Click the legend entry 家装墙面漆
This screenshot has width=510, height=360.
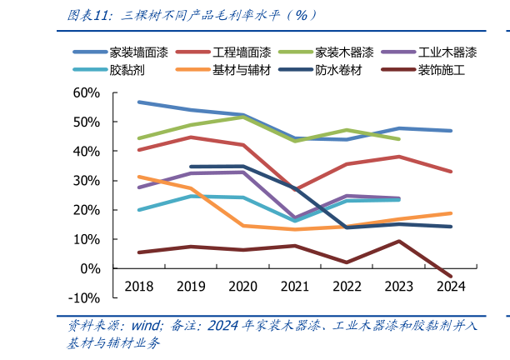tap(138, 52)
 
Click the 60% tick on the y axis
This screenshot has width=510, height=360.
tap(87, 92)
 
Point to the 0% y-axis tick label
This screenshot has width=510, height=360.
tap(90, 268)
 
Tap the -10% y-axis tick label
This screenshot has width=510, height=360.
tap(84, 297)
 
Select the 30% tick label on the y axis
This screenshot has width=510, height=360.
tap(87, 180)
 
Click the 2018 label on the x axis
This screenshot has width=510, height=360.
tap(139, 286)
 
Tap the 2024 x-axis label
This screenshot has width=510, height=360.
tap(451, 286)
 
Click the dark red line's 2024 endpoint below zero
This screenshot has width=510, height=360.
tap(451, 276)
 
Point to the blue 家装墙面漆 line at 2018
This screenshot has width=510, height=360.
tap(139, 102)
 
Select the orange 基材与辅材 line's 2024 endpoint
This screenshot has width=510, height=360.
tap(451, 213)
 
